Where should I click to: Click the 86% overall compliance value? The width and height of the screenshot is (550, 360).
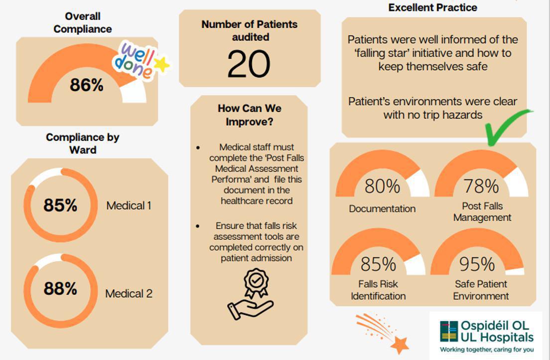[x=87, y=85]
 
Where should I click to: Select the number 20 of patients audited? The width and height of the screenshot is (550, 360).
[x=249, y=63]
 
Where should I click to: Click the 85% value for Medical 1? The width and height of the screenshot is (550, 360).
[x=60, y=205]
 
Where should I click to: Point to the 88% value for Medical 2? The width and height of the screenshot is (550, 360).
[x=60, y=288]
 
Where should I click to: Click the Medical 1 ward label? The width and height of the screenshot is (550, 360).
[x=129, y=205]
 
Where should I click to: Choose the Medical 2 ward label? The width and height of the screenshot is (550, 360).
[x=129, y=293]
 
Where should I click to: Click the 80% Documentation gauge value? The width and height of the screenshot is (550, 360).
[x=382, y=186]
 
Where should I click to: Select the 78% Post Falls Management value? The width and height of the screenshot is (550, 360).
[x=481, y=186]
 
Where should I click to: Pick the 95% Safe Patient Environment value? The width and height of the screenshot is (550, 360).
[x=477, y=264]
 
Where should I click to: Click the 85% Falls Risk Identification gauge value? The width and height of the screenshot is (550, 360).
[x=379, y=264]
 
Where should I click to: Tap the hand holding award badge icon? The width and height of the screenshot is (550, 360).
[x=251, y=294]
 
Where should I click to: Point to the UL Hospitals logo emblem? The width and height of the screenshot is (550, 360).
[x=449, y=331]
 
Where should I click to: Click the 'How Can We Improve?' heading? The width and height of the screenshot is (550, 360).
[x=250, y=115]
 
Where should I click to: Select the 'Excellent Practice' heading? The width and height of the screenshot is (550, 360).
[x=433, y=7]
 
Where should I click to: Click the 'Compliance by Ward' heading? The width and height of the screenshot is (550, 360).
[x=83, y=143]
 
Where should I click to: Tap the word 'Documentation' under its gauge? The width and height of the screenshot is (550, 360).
[x=382, y=208]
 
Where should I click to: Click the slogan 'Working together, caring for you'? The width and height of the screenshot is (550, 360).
[x=487, y=350]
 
